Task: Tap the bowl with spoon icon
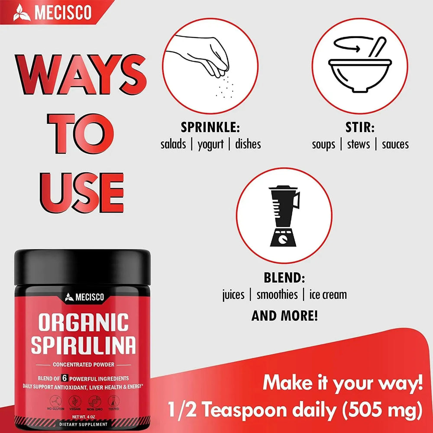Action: (x=359, y=65)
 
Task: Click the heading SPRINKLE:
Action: (x=210, y=128)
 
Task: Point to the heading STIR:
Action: (x=360, y=128)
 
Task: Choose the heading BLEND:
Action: (x=284, y=278)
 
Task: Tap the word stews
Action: (x=359, y=144)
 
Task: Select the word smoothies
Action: (x=277, y=295)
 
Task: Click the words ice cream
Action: (x=328, y=295)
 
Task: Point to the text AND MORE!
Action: (x=284, y=316)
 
